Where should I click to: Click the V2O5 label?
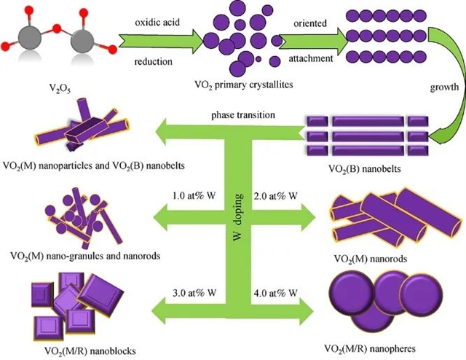tap(60, 89)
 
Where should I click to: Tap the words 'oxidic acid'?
tap(157, 23)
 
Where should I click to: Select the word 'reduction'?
tap(154, 62)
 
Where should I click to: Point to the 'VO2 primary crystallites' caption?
tap(244, 85)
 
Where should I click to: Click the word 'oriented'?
tap(310, 23)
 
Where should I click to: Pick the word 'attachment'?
tap(311, 58)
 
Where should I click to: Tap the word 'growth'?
tap(444, 87)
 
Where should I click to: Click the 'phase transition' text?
tap(243, 115)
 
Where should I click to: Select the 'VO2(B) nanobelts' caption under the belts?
tap(365, 169)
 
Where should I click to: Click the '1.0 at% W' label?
tap(194, 196)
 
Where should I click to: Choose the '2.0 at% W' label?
tap(275, 196)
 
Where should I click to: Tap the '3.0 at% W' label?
tap(194, 293)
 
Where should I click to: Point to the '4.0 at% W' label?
tap(275, 293)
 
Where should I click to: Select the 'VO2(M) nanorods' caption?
tap(371, 259)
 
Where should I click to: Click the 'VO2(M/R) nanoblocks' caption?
tap(90, 351)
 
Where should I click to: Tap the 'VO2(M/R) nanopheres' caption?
tap(370, 348)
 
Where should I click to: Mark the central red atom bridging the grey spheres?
tap(57, 29)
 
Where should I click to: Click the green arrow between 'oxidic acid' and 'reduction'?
tap(161, 42)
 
